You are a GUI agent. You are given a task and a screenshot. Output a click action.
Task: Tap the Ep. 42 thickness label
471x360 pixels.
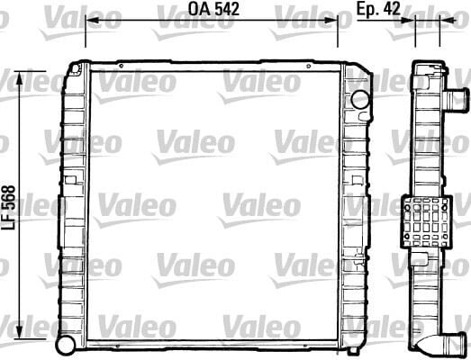tap(379, 10)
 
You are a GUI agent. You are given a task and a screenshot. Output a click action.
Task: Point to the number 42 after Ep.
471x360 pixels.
tap(393, 10)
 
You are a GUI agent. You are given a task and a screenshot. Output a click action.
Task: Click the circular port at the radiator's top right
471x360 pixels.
tap(360, 98)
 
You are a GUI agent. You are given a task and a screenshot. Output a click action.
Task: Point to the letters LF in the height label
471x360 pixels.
tap(8, 224)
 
